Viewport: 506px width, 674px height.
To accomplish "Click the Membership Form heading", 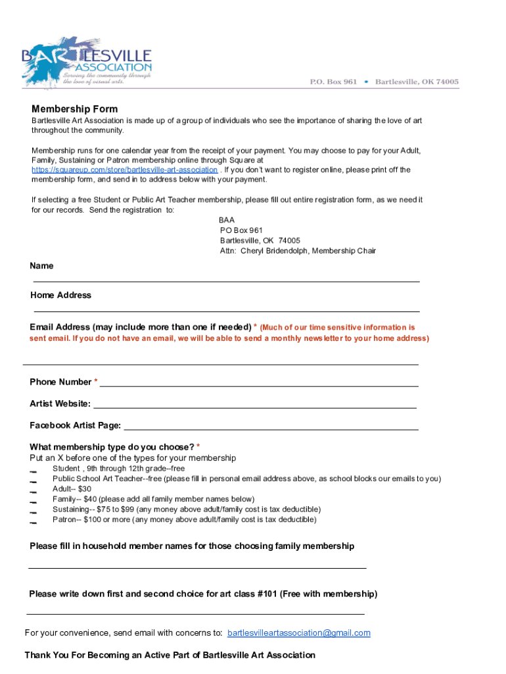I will coord(75,109).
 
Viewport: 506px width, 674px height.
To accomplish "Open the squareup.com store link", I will coord(125,170).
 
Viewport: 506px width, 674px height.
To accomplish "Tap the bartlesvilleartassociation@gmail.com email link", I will coord(299,633).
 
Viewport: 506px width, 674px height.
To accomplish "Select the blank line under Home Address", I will coord(227,310).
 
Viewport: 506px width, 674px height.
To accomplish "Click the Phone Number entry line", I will coord(259,385).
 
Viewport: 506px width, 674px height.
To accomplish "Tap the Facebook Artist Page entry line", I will coord(271,428).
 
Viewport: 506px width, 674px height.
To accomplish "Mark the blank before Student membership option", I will coord(33,471).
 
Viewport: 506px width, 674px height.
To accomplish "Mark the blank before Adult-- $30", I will coord(33,492).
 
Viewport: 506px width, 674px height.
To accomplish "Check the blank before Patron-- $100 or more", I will coord(33,523).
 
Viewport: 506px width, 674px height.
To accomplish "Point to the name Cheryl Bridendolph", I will coord(275,251).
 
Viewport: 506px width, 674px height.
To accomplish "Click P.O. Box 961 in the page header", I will coord(334,82).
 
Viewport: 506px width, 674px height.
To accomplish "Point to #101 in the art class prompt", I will coord(267,594).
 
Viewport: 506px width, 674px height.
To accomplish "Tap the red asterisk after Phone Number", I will coord(96,382).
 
